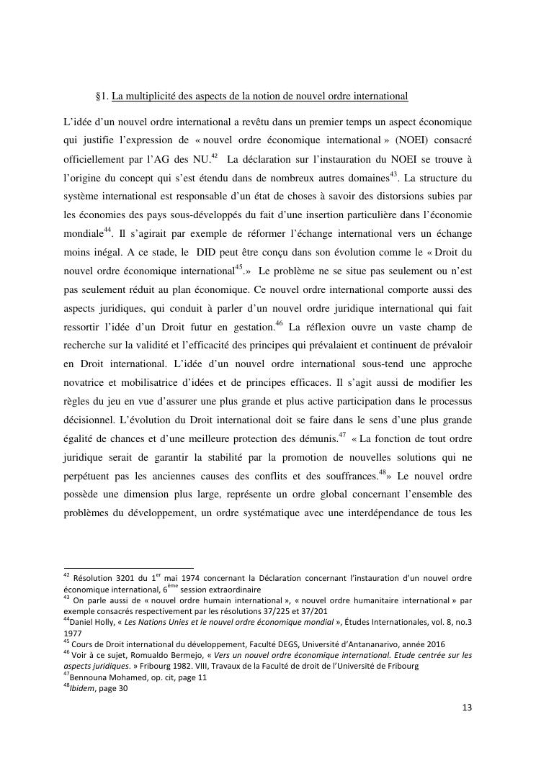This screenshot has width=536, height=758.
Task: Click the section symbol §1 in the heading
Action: pos(101,96)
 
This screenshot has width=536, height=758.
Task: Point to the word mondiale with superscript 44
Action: pos(83,233)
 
